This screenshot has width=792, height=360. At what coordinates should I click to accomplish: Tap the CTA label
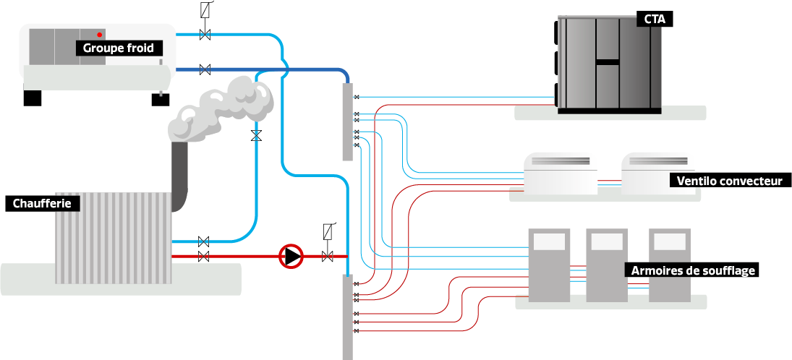[x=655, y=20]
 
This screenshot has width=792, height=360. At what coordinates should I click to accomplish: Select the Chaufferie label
[x=41, y=204]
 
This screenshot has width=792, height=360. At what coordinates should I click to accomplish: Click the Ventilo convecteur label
[x=729, y=180]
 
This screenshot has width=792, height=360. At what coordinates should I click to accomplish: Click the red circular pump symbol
[x=291, y=256]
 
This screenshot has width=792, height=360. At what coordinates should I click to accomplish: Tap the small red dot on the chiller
[x=100, y=35]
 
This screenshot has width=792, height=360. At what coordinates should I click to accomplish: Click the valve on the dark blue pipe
[x=205, y=69]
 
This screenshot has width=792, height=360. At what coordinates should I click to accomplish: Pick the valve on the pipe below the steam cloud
[x=255, y=135]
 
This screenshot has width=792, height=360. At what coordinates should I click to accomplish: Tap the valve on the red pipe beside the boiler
[x=204, y=256]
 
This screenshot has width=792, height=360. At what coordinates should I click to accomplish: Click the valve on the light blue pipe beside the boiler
[x=204, y=241]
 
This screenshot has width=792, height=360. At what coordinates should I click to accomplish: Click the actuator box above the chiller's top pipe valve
[x=205, y=10]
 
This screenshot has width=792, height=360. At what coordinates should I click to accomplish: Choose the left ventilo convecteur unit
[x=561, y=173]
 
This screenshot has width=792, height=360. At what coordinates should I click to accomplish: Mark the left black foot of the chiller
[x=33, y=98]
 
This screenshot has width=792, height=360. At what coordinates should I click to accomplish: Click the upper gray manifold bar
[x=347, y=121]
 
